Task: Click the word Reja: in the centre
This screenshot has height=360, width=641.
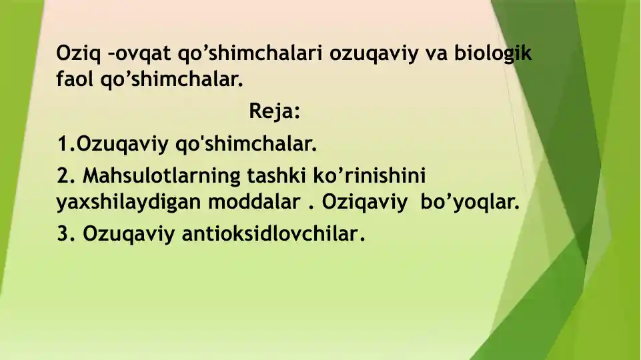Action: (275, 111)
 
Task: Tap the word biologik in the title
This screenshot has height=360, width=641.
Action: (493, 54)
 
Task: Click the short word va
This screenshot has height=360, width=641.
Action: (435, 54)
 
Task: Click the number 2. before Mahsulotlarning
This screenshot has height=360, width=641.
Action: (66, 176)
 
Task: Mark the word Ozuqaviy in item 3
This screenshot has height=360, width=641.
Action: (127, 235)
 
